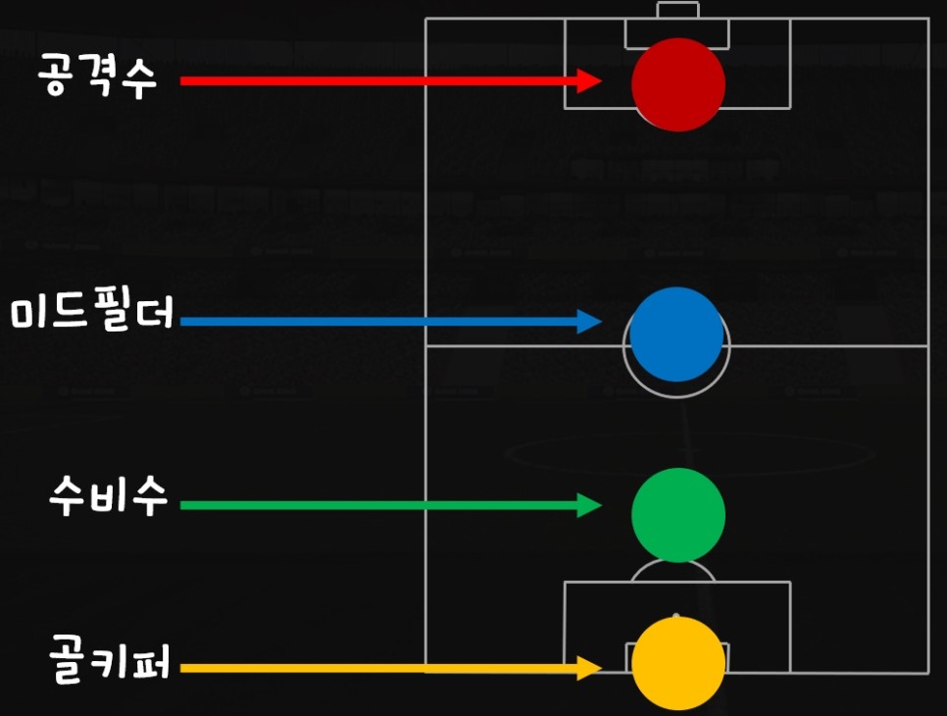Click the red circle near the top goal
[x=677, y=84]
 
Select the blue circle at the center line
[x=676, y=334]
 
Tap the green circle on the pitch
[x=677, y=515]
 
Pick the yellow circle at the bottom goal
[x=677, y=663]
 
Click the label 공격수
[x=98, y=75]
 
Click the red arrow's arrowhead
[x=589, y=81]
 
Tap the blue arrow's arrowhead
[x=589, y=321]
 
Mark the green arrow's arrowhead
[x=589, y=505]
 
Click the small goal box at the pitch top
[x=677, y=11]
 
